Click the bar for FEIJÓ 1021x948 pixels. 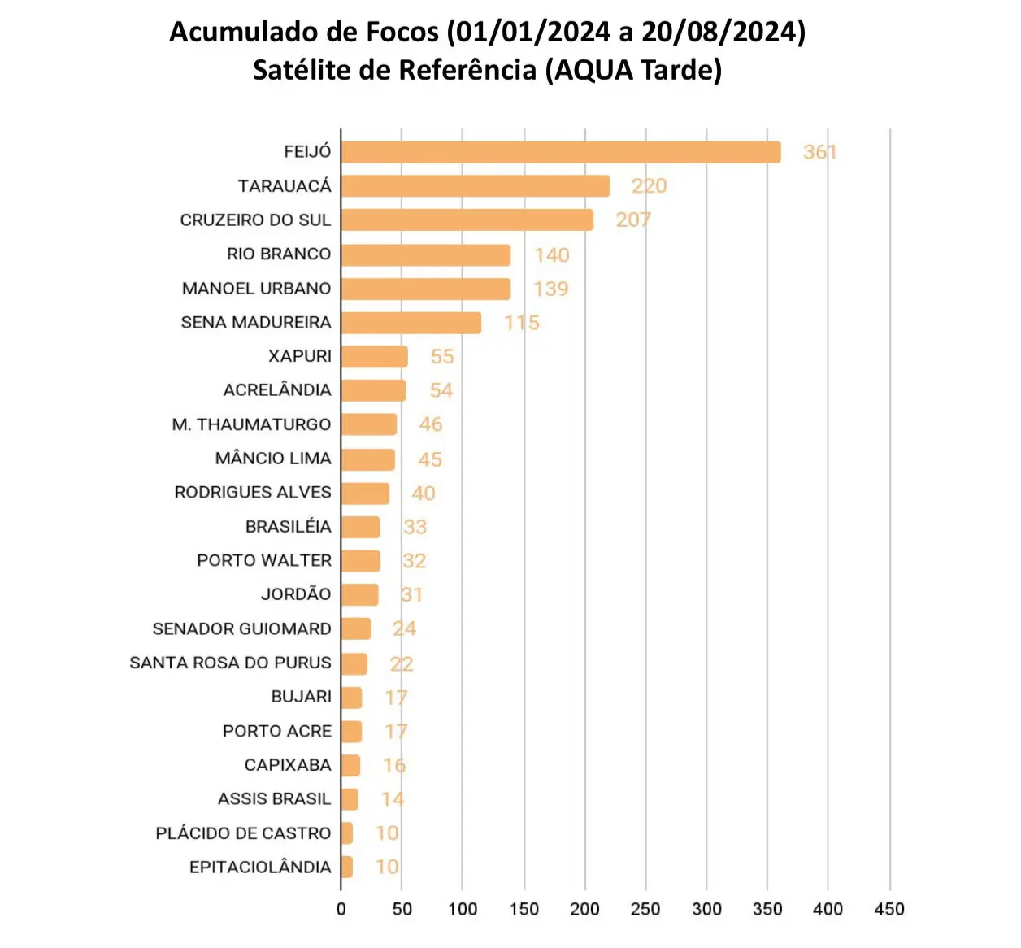click(561, 152)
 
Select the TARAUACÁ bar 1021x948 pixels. click(476, 186)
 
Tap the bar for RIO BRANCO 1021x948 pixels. click(426, 255)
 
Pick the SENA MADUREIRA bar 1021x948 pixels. click(411, 323)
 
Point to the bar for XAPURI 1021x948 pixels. click(375, 357)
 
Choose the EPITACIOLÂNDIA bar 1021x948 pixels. click(347, 867)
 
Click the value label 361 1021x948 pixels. click(819, 152)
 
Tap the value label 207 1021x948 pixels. click(633, 220)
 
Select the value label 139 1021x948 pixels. click(551, 289)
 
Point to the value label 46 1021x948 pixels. click(431, 424)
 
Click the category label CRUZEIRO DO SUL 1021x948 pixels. click(255, 220)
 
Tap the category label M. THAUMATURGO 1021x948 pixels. click(251, 424)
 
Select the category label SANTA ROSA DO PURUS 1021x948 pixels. click(230, 663)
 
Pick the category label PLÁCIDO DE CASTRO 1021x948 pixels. click(243, 833)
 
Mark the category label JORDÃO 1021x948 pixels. click(296, 594)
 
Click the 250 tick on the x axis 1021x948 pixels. click(645, 909)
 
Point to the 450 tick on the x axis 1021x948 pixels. click(889, 909)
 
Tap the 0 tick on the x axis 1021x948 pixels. click(341, 909)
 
